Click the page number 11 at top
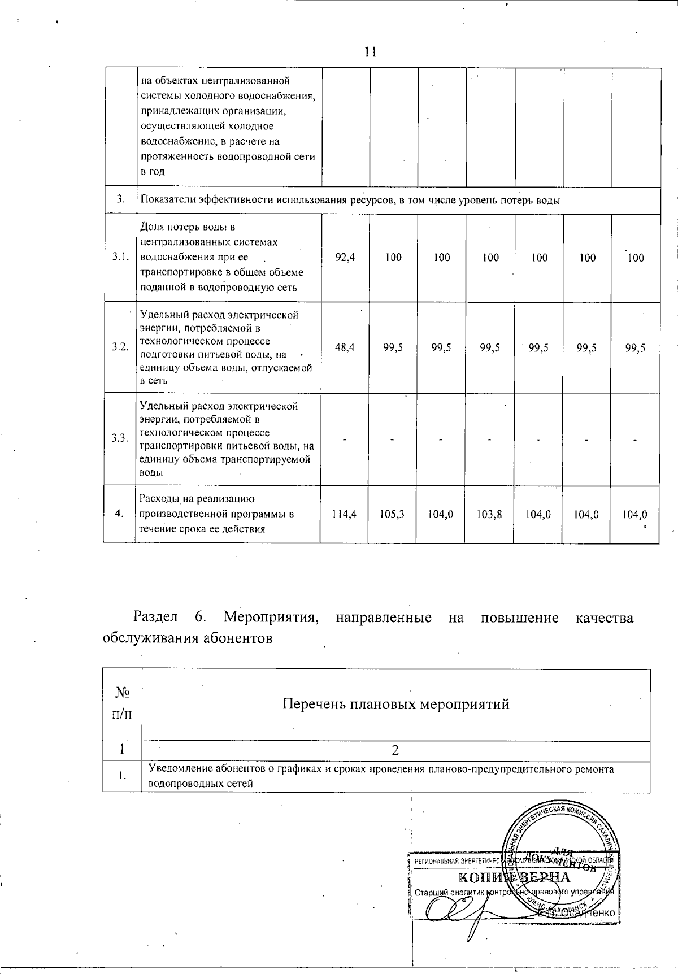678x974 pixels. pyautogui.click(x=370, y=53)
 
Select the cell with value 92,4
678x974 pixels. pyautogui.click(x=345, y=258)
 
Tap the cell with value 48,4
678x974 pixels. pyautogui.click(x=345, y=348)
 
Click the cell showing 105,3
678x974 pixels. pyautogui.click(x=393, y=515)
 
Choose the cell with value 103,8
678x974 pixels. pyautogui.click(x=489, y=515)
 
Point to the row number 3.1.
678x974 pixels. pyautogui.click(x=120, y=258)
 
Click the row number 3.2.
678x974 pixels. pyautogui.click(x=120, y=347)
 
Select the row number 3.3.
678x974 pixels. pyautogui.click(x=120, y=438)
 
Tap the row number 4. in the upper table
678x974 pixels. pyautogui.click(x=119, y=514)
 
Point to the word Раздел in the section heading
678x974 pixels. pyautogui.click(x=155, y=618)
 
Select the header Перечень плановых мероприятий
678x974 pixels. pyautogui.click(x=395, y=705)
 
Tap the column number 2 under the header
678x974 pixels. pyautogui.click(x=395, y=750)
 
